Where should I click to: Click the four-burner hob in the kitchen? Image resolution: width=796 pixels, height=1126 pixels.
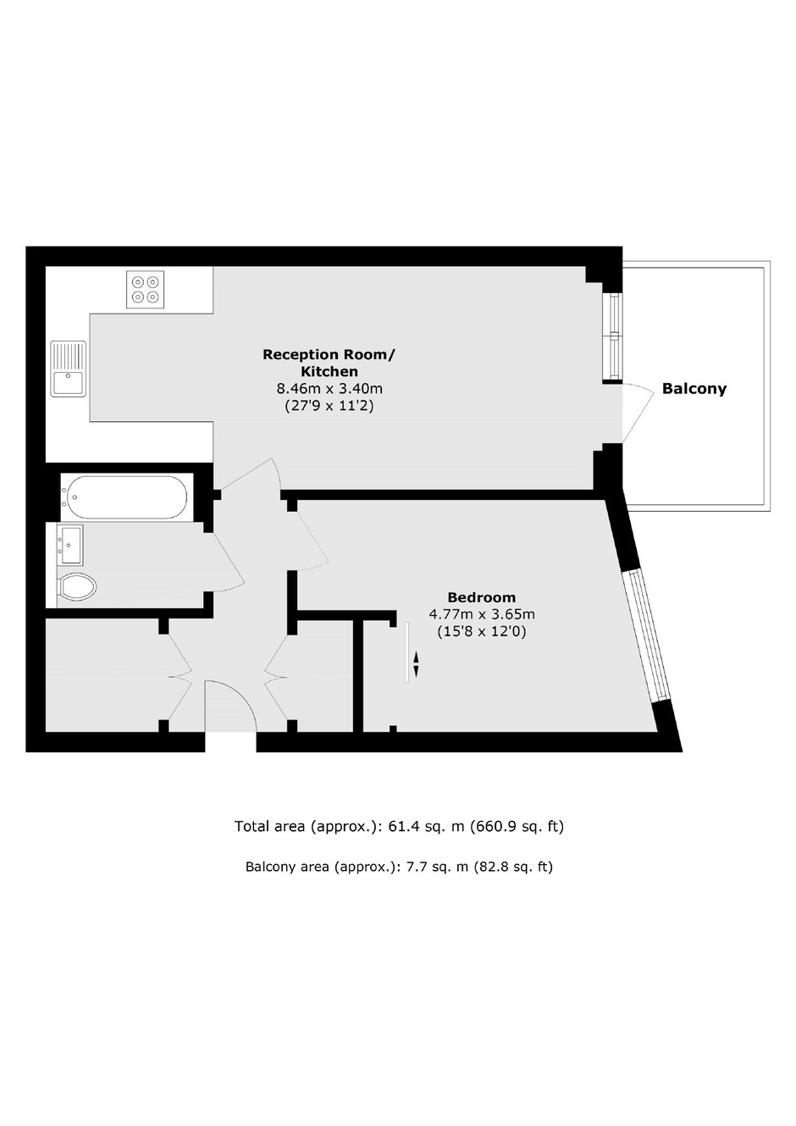145,290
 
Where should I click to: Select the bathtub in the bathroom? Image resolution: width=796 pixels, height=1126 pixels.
127,497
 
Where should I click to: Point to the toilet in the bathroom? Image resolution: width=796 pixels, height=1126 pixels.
76,585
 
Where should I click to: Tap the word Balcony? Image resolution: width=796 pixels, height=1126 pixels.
694,389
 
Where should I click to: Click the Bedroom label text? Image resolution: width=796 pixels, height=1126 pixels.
482,597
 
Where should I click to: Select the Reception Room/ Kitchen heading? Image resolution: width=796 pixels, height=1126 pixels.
329,363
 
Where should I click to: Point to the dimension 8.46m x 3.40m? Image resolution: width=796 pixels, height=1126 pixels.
329,388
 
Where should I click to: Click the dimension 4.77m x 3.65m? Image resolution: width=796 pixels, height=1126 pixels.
482,613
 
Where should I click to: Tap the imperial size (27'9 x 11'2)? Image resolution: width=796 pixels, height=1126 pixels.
329,405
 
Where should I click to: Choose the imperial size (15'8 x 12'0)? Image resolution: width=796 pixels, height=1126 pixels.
482,631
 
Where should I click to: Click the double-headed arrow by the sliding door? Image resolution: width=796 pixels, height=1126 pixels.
416,664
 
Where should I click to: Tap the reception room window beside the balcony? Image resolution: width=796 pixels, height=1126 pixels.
612,335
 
